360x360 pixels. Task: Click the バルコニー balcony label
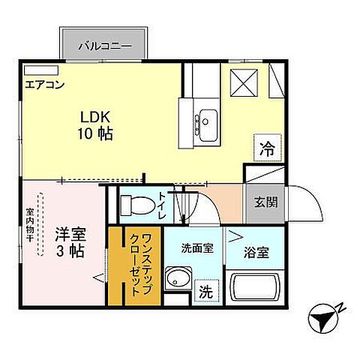coord(107,46)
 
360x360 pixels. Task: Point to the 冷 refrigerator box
coord(267,146)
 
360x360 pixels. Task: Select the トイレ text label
coord(162,204)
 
